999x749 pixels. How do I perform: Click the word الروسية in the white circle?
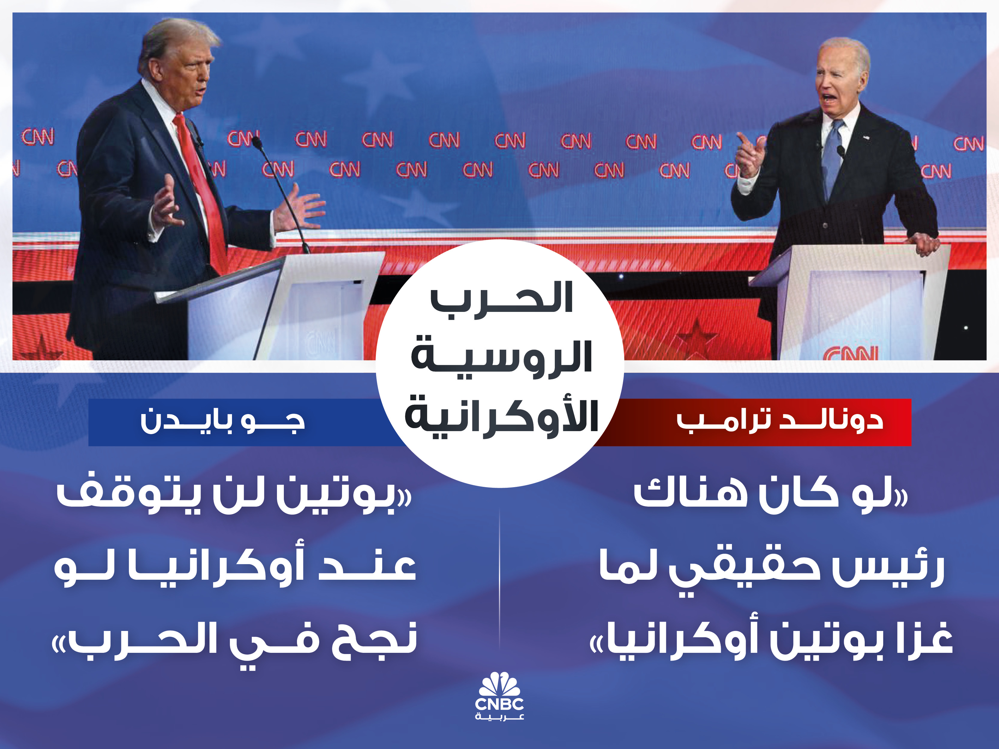coord(501,359)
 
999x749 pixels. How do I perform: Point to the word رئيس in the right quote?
coord(885,567)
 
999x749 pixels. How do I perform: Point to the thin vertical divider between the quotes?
coord(499,582)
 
